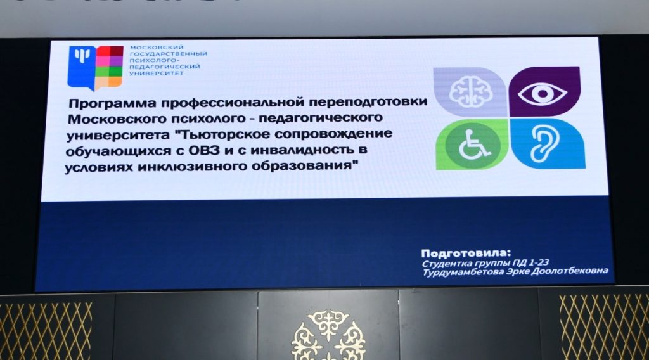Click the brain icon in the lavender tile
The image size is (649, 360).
[471, 91]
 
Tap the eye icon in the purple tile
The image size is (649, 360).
[543, 94]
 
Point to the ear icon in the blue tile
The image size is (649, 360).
[544, 144]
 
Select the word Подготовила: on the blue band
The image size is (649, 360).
[466, 253]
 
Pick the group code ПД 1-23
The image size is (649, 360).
[530, 262]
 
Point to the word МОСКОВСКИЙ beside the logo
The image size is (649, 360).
[157, 48]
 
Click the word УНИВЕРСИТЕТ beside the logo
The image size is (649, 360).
[156, 74]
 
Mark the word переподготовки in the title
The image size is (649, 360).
[368, 102]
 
